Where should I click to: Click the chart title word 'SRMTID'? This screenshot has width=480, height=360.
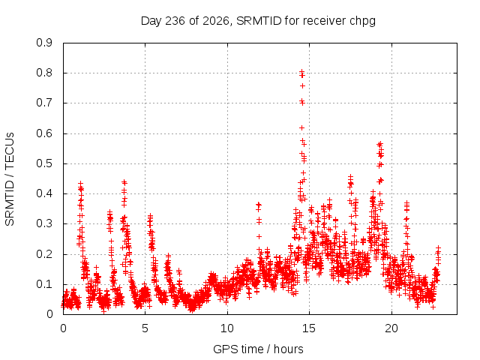(259, 21)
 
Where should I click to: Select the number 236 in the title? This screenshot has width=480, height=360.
(175, 21)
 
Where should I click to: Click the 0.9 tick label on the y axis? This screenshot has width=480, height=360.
(44, 43)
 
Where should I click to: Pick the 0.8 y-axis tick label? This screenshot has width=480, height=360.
(44, 73)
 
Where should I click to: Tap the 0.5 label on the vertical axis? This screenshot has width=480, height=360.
(44, 163)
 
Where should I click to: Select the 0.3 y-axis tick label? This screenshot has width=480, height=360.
(44, 223)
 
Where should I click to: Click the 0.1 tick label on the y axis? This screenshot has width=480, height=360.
(44, 284)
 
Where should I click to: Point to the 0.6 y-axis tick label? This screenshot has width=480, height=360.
(44, 133)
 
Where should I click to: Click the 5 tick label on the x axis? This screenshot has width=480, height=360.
(145, 328)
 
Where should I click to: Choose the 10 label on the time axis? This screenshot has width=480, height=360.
(227, 328)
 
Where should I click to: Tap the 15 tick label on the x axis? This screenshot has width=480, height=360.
(309, 328)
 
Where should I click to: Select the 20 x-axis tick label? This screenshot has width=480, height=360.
(391, 328)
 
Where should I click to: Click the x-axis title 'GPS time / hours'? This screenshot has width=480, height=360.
(258, 349)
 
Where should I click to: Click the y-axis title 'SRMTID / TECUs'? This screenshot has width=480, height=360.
(10, 179)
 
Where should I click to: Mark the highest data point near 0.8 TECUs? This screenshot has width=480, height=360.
(301, 71)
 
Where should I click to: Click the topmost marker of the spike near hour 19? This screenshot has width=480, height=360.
(380, 143)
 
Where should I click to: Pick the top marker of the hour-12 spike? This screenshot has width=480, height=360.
(259, 204)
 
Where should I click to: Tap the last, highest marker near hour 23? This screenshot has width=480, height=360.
(438, 247)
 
